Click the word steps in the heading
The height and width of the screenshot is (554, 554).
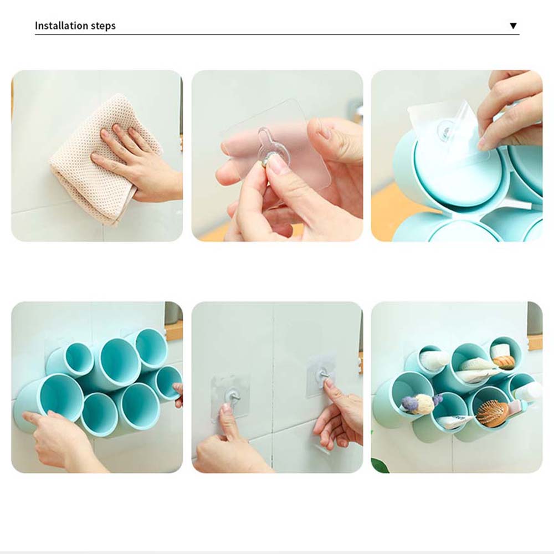[104, 26]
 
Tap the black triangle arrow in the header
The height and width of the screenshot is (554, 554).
[514, 26]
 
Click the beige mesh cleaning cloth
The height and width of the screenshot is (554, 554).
[106, 156]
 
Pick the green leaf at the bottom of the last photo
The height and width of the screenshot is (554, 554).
[380, 466]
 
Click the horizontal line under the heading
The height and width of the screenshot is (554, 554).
[277, 34]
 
